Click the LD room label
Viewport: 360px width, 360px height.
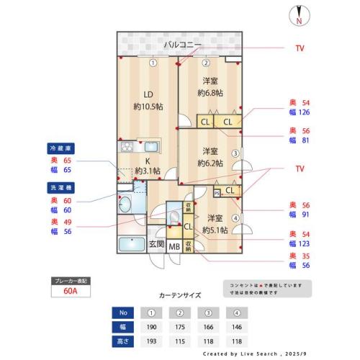click(148, 94)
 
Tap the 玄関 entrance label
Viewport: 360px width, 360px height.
click(156, 245)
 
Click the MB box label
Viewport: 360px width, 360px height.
click(174, 246)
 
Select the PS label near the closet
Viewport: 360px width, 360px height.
click(217, 192)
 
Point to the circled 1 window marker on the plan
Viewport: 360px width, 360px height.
click(153, 62)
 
